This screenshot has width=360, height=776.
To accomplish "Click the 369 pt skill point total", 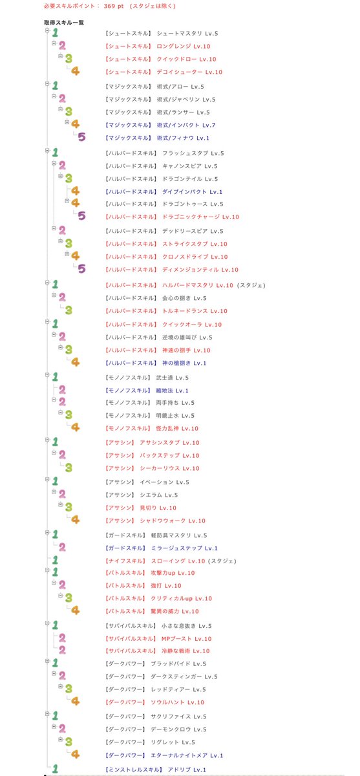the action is click(114, 6).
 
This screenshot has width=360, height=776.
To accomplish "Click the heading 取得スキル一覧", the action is click(64, 23).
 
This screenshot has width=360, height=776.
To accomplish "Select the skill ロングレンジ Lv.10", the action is click(184, 47).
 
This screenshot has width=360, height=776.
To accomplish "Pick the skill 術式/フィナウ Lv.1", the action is click(183, 138).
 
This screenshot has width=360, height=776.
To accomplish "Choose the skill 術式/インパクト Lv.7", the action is click(186, 125).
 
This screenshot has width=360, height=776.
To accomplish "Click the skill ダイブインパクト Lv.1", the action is click(192, 191).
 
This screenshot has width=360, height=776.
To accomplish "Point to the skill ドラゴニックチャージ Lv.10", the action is click(201, 217).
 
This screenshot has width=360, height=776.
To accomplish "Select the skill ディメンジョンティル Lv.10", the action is click(200, 270).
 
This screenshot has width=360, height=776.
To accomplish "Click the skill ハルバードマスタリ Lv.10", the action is click(198, 285).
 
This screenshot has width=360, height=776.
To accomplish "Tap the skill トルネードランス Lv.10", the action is click(195, 311).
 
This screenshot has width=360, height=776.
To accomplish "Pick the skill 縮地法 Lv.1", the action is click(172, 391).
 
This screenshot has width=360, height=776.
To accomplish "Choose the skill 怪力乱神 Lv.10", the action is click(177, 428).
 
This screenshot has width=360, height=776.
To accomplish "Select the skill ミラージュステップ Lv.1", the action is click(184, 548).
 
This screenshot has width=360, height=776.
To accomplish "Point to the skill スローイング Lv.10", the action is click(178, 561).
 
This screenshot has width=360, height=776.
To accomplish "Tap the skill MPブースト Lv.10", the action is click(186, 638).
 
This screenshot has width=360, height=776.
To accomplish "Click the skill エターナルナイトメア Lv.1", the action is click(187, 755).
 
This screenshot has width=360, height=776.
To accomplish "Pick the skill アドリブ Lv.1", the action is click(187, 770).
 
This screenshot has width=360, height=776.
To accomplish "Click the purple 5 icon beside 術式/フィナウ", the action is click(81, 137).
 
